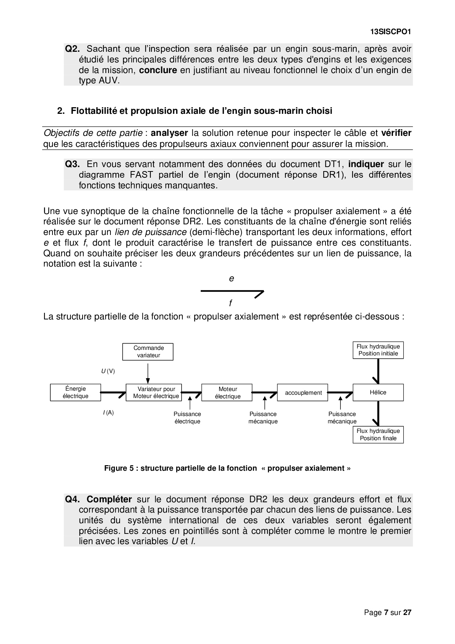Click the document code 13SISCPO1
point(390,32)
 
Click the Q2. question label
point(72,49)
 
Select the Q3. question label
point(72,164)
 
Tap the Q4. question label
point(72,499)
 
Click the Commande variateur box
point(148,352)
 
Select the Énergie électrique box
point(75,392)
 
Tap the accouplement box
point(303,392)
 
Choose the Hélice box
point(378,392)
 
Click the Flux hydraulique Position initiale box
point(378,350)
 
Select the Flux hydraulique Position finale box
point(378,435)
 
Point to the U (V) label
point(108,371)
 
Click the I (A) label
point(108,413)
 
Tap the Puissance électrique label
point(187,418)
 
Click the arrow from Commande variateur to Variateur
point(148,373)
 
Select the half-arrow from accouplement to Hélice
point(340,392)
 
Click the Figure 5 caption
point(227,468)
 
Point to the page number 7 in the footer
point(386,612)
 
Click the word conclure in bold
point(158,70)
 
